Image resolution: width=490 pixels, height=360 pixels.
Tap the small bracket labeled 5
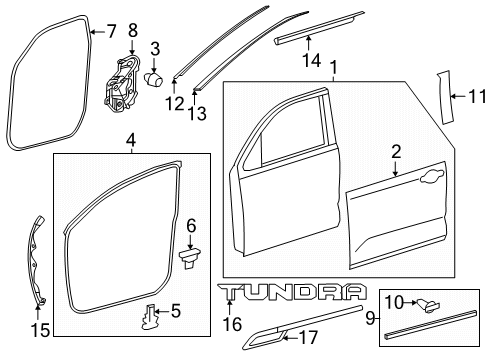click(x=148, y=316)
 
